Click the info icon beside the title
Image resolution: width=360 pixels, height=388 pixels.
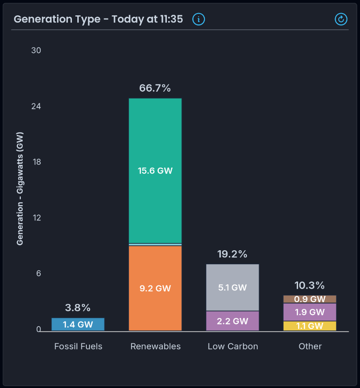coord(199,19)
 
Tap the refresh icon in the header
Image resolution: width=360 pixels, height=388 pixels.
coord(341,19)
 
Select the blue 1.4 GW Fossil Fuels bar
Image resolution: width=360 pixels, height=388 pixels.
coord(78,324)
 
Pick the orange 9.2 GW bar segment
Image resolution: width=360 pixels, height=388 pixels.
coord(155,288)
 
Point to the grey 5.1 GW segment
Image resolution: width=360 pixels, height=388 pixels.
coord(232,288)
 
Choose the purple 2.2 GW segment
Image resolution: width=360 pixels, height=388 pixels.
coord(232,321)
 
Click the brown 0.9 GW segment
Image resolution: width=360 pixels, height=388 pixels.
coord(310,299)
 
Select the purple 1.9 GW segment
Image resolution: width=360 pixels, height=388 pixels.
coord(310,312)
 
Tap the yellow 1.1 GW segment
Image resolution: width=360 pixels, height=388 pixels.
coord(310,326)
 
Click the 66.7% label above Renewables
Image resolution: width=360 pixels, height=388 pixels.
coord(155,88)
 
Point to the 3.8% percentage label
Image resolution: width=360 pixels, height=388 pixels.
coord(78,308)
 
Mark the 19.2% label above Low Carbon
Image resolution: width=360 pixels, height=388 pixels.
coord(232,254)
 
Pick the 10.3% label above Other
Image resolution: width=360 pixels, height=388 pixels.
coord(310,285)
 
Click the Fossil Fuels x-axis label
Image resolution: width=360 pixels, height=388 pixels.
coord(78,346)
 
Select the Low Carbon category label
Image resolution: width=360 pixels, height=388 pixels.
coord(233,346)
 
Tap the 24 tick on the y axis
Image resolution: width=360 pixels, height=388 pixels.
coord(36,106)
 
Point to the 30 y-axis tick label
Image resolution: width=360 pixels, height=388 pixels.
coord(36,50)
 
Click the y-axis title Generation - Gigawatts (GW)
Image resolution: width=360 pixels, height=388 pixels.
coord(20,188)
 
